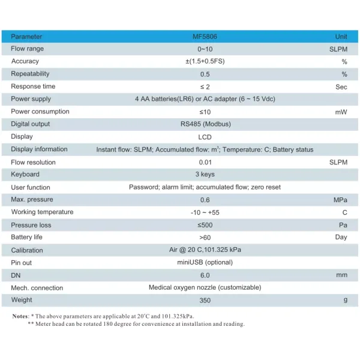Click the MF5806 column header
206,37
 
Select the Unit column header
341,37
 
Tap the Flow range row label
28,49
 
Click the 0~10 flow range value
205,49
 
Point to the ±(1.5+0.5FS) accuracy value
205,61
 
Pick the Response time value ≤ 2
205,86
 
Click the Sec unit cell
341,86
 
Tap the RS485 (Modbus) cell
205,124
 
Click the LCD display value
205,137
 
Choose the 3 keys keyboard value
205,175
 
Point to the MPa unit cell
341,199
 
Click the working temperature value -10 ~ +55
205,212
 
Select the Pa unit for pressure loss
343,225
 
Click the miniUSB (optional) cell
205,262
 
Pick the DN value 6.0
205,275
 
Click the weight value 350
205,300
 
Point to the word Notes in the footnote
20,316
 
